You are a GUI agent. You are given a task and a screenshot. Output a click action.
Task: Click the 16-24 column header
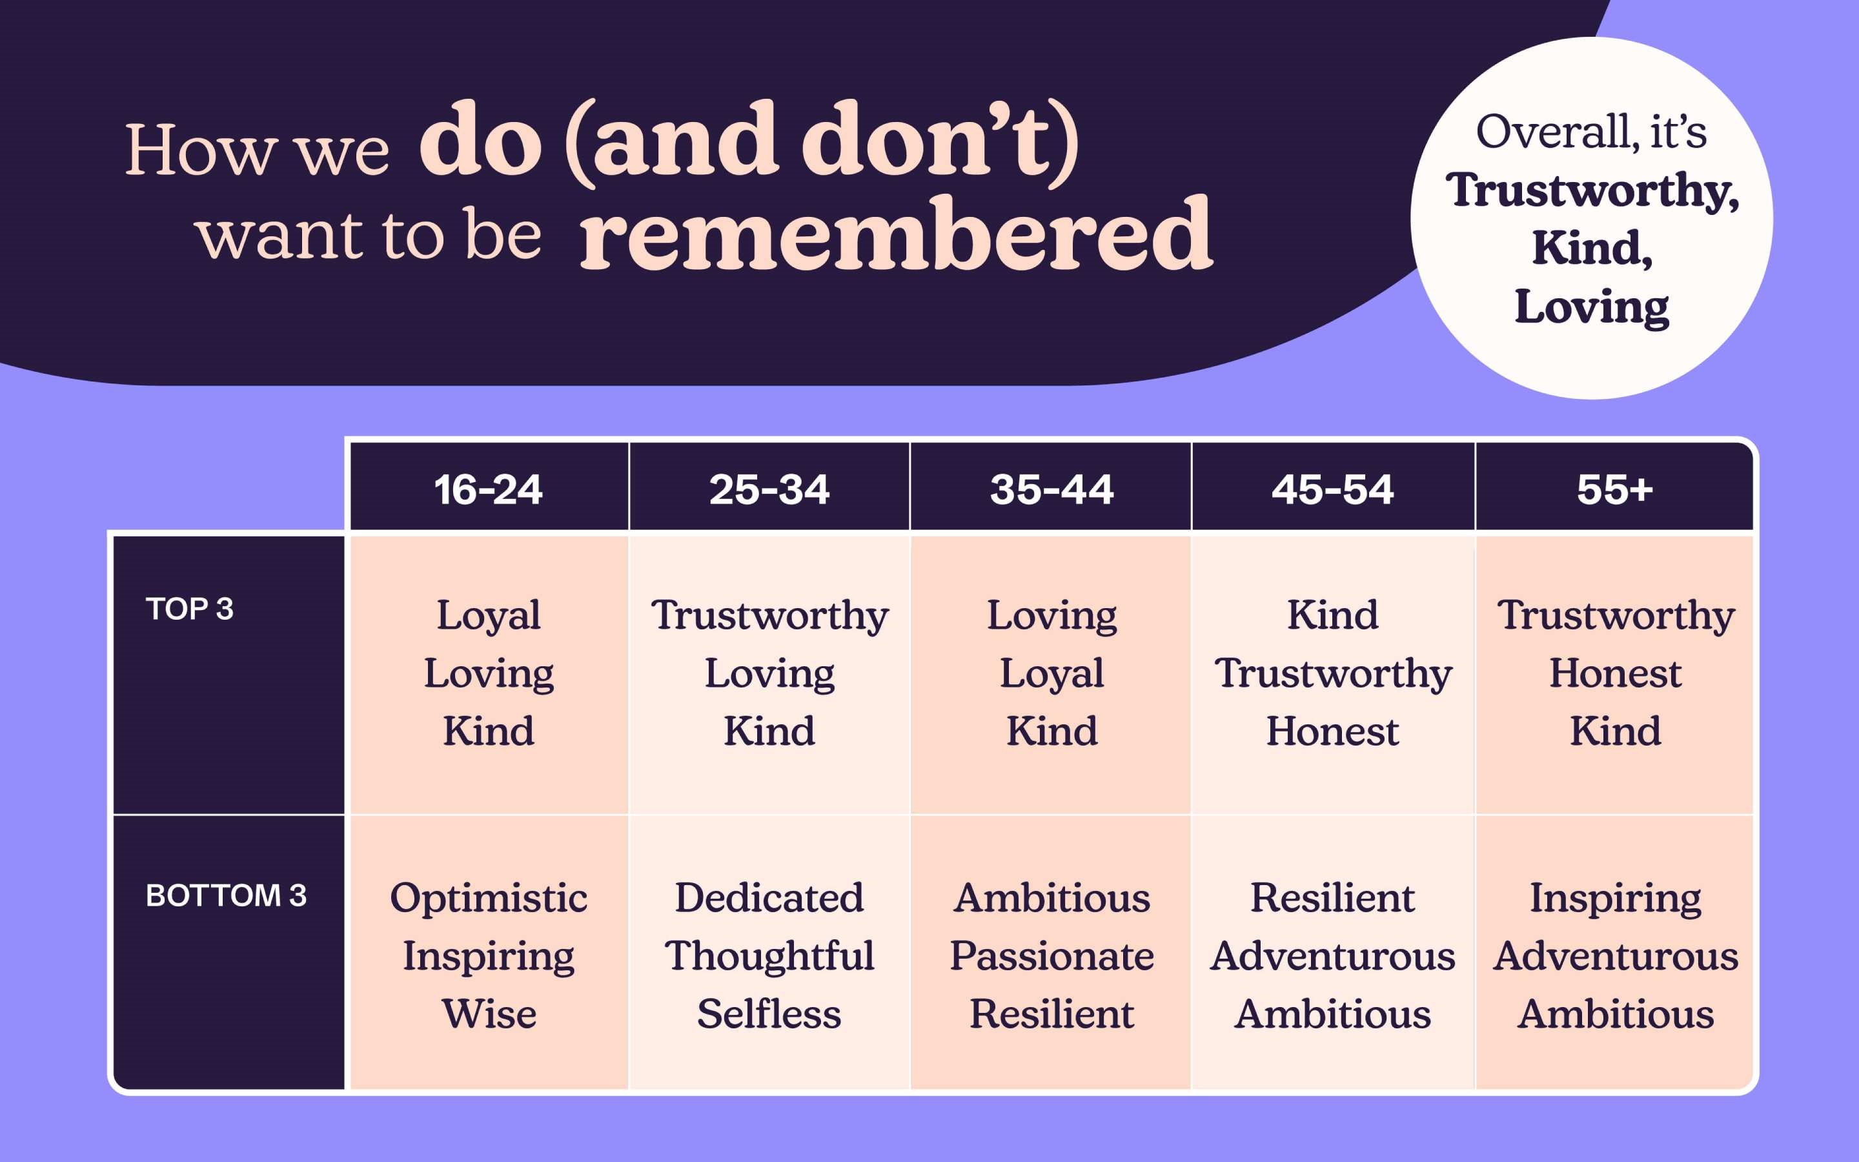click(x=489, y=489)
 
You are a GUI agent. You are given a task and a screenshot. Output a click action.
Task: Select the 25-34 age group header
click(x=769, y=489)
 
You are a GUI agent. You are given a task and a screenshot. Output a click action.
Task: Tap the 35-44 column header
click(x=1051, y=489)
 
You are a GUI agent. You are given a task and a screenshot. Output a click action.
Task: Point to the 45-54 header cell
click(x=1333, y=489)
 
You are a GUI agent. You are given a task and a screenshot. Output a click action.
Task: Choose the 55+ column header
click(x=1615, y=489)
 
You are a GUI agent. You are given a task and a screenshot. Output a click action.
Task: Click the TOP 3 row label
click(x=190, y=609)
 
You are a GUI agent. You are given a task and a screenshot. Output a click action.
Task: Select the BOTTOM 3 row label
click(x=226, y=895)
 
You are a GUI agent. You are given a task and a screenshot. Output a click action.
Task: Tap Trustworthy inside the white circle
click(x=1592, y=190)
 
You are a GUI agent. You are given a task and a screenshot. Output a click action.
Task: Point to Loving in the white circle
click(x=1592, y=307)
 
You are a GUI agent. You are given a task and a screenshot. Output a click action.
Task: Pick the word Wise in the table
click(x=489, y=1014)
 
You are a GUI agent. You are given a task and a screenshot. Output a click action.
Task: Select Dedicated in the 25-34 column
click(x=769, y=897)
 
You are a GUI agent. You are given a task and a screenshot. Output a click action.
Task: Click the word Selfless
click(x=769, y=1013)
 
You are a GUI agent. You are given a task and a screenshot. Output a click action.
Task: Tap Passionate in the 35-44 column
click(x=1051, y=955)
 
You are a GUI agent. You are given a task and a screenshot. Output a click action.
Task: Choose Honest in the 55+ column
click(x=1616, y=673)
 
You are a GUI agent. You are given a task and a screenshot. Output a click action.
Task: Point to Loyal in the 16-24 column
click(x=489, y=617)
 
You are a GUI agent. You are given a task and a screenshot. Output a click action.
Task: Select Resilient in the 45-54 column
click(x=1333, y=897)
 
